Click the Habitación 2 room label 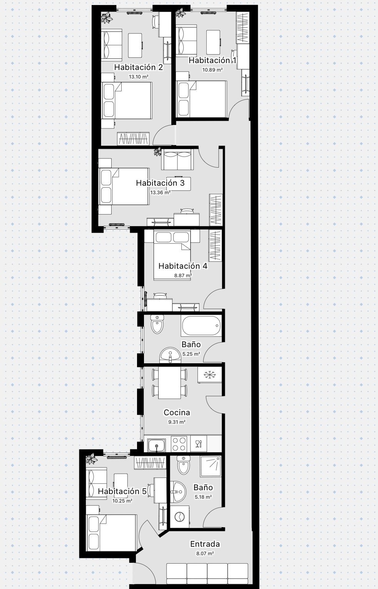(x=139, y=67)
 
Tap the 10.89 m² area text (x=212, y=70)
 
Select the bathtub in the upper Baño (x=201, y=326)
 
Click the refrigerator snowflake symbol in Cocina (x=210, y=375)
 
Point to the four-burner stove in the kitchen (x=179, y=444)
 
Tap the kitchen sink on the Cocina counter (x=157, y=445)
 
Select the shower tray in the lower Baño (x=211, y=466)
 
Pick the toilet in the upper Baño (x=157, y=324)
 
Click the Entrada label (x=205, y=544)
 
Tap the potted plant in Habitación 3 (x=157, y=151)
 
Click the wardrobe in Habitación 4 (x=215, y=246)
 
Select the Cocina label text (x=177, y=412)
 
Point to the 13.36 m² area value (x=160, y=193)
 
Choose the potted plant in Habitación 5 (x=92, y=459)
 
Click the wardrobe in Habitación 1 (x=243, y=28)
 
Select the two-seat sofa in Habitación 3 (x=177, y=159)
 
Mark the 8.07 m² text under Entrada (x=205, y=554)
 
